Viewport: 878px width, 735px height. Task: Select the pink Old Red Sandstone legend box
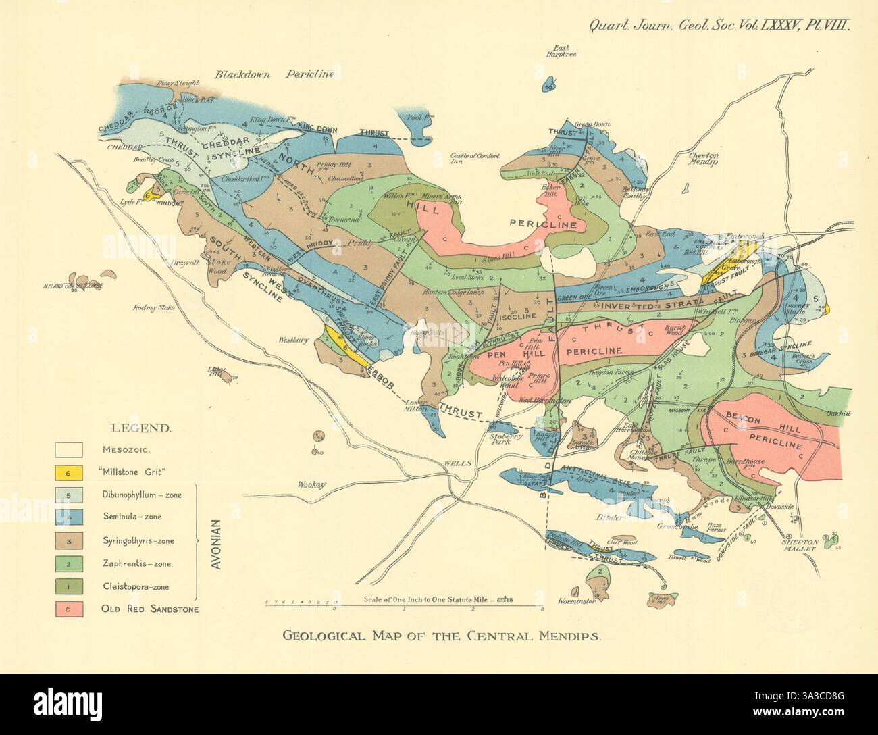(x=69, y=609)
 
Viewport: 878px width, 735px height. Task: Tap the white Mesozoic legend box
(x=69, y=449)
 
